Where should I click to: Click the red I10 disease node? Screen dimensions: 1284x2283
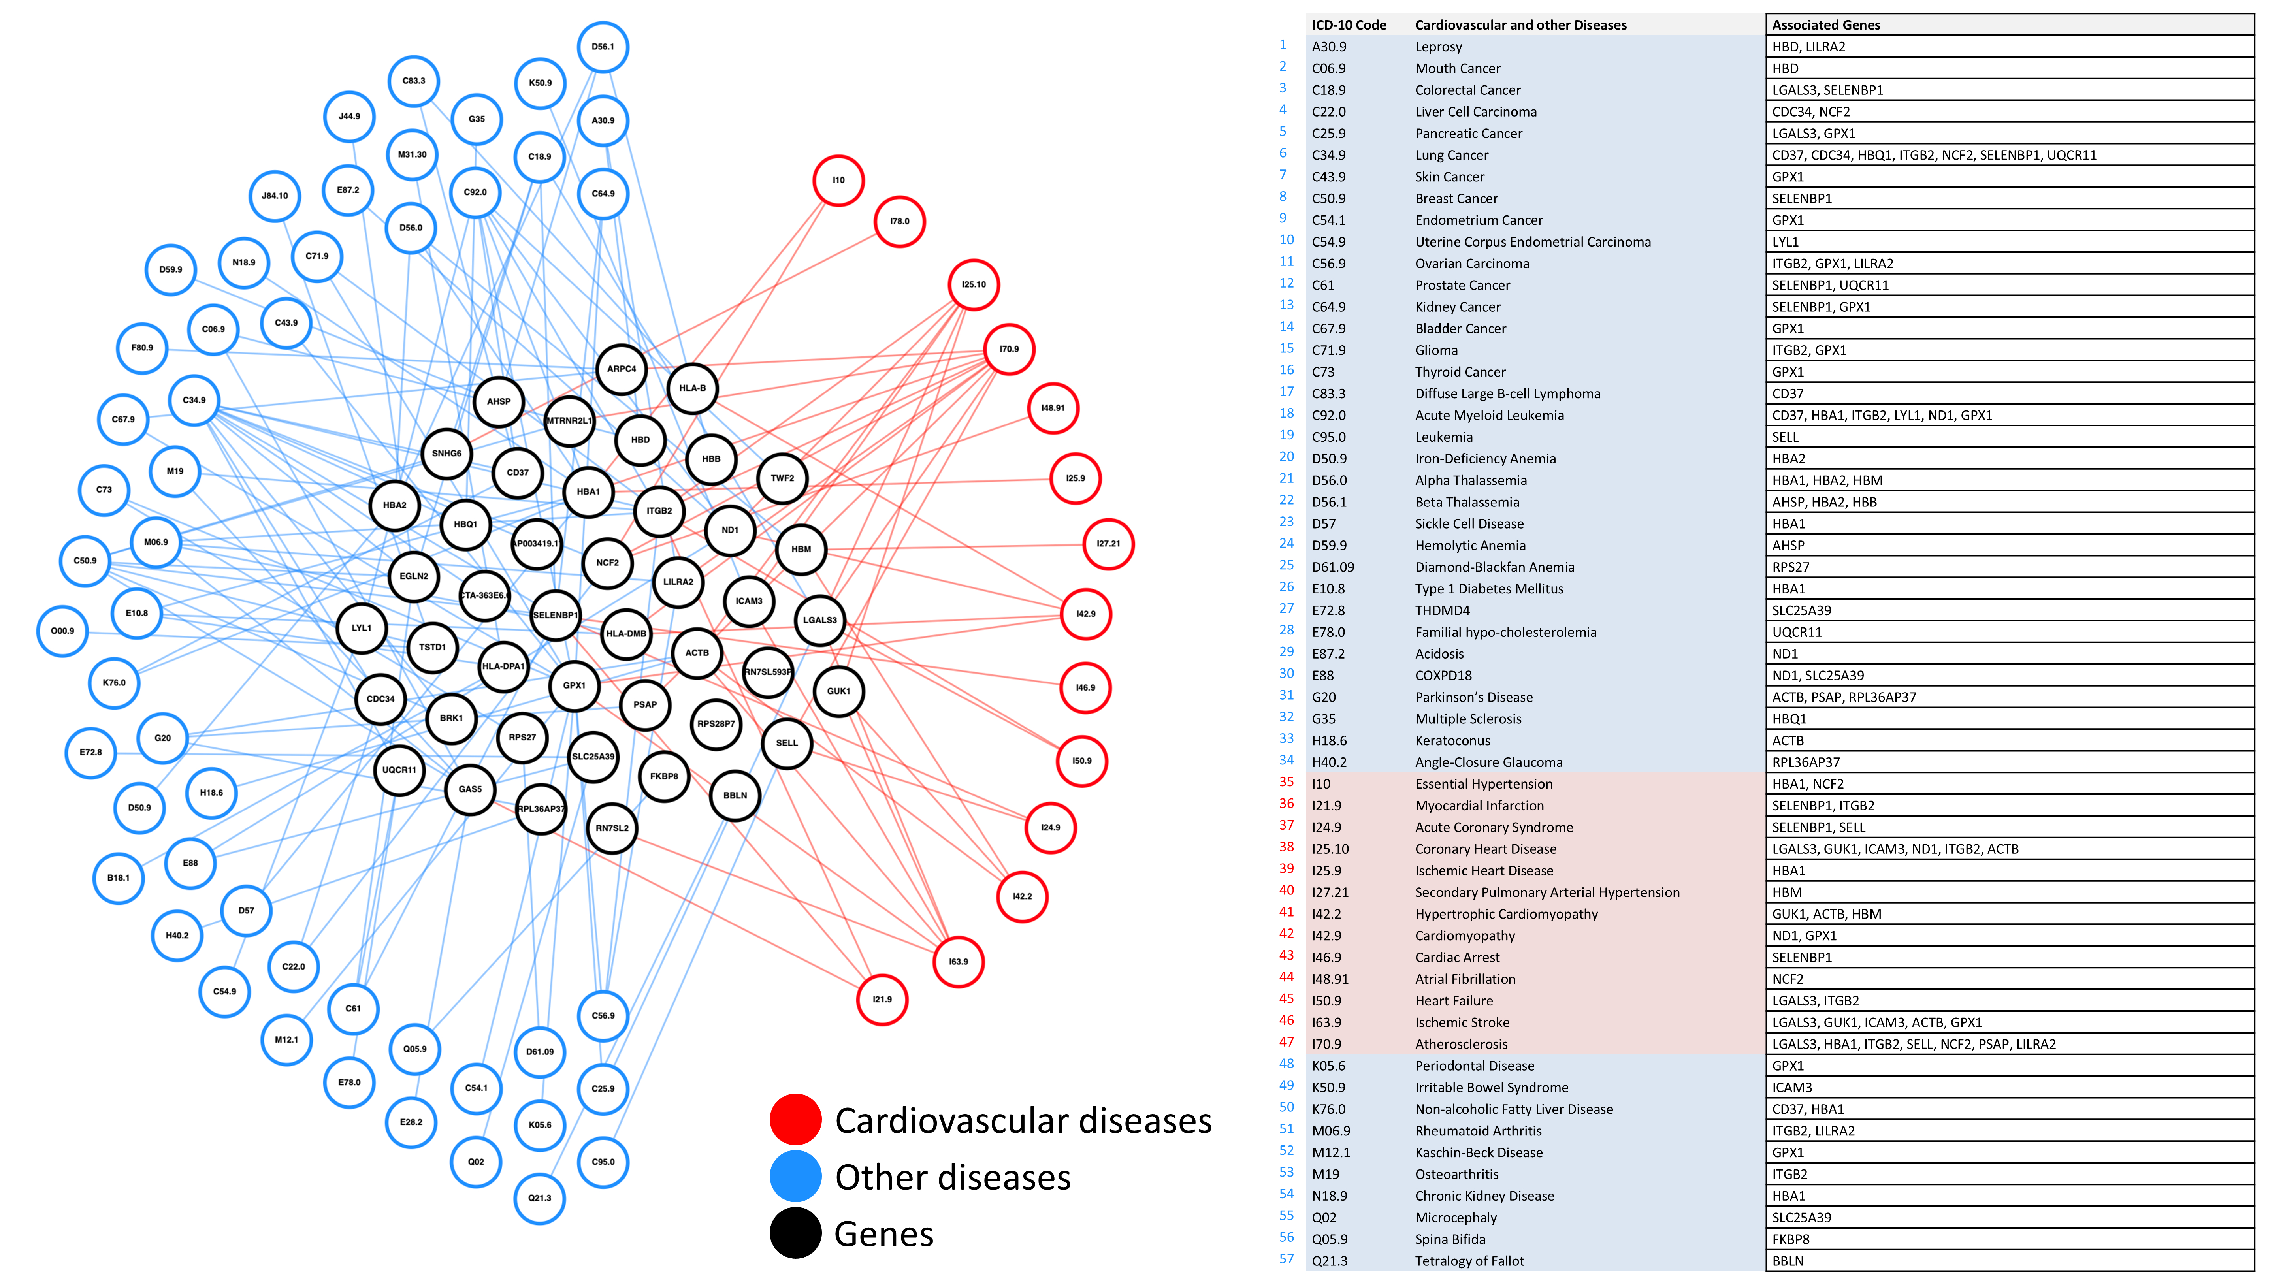pyautogui.click(x=838, y=180)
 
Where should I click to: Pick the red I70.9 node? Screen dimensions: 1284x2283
pyautogui.click(x=1009, y=349)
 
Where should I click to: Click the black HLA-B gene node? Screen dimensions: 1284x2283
pyautogui.click(x=692, y=388)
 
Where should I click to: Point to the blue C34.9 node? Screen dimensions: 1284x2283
pyautogui.click(x=194, y=401)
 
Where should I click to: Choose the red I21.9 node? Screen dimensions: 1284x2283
pyautogui.click(x=882, y=999)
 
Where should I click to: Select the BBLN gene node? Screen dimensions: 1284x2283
pyautogui.click(x=735, y=795)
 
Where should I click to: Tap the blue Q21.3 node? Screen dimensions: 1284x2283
pyautogui.click(x=540, y=1198)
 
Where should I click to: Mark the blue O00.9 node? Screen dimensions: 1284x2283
pyautogui.click(x=62, y=631)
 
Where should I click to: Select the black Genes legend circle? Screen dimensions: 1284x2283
pyautogui.click(x=795, y=1233)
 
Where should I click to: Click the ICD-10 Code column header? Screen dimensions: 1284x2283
pyautogui.click(x=1349, y=25)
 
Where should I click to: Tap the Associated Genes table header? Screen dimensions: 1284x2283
pyautogui.click(x=1826, y=25)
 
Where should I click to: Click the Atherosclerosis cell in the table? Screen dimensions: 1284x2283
pyautogui.click(x=1460, y=1044)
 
